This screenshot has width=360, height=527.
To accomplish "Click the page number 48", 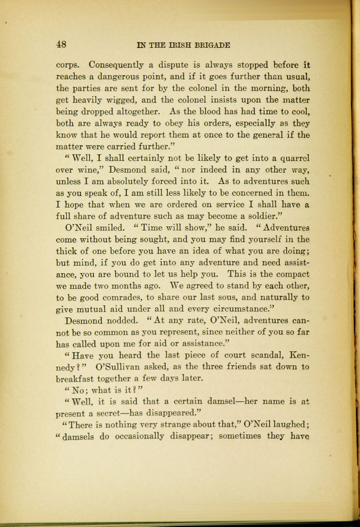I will pyautogui.click(x=61, y=45).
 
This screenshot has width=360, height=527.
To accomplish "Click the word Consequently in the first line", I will pyautogui.click(x=116, y=65).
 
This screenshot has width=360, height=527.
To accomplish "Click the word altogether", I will pyautogui.click(x=138, y=112).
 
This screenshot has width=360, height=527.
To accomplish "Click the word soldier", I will pyautogui.click(x=266, y=216).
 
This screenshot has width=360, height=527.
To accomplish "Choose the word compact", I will pyautogui.click(x=291, y=275).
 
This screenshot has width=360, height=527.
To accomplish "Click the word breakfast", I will pyautogui.click(x=77, y=378).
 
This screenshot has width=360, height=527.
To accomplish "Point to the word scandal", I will pyautogui.click(x=256, y=355).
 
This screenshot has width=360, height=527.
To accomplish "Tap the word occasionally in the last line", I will pyautogui.click(x=137, y=436).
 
